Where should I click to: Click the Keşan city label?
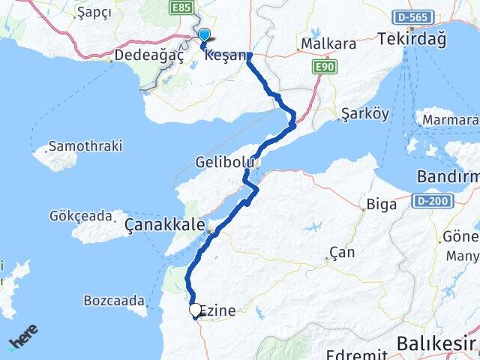click(x=225, y=55)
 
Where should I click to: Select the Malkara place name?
click(x=328, y=44)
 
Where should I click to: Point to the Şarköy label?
click(x=364, y=114)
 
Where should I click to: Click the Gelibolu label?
click(x=220, y=162)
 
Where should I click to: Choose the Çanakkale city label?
click(x=164, y=223)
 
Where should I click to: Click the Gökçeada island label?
click(x=80, y=215)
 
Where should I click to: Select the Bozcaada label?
click(x=114, y=301)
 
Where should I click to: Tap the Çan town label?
click(x=342, y=253)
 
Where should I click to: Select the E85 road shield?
click(x=181, y=7)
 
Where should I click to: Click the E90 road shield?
click(x=325, y=67)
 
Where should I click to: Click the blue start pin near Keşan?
click(x=204, y=34)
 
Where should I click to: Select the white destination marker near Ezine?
click(x=195, y=309)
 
